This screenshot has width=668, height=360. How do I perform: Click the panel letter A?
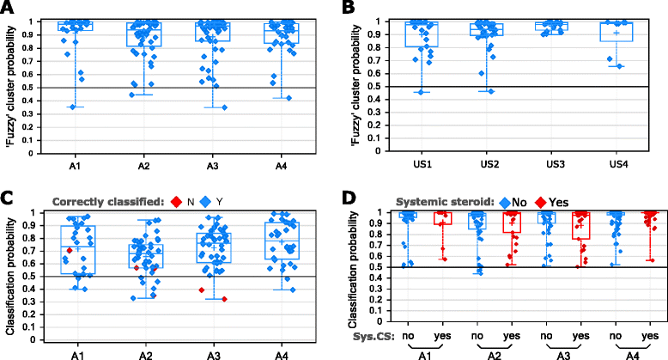pyautogui.click(x=9, y=9)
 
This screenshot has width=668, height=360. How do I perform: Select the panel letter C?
pyautogui.click(x=9, y=200)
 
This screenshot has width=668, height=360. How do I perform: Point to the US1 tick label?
pyautogui.click(x=420, y=163)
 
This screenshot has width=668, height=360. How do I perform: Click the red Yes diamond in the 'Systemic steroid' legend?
pyautogui.click(x=535, y=200)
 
